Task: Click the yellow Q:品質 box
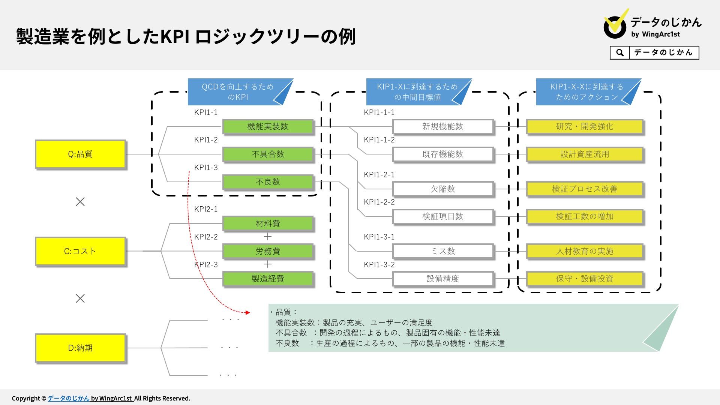coord(80,154)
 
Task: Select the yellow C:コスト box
coord(80,251)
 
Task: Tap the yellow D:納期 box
coord(80,348)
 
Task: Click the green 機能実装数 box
coord(268,126)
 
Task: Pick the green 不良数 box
coord(268,182)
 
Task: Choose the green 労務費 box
coord(268,251)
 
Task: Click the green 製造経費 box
coord(268,279)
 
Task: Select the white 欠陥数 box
coord(443,189)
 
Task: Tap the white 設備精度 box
coord(443,279)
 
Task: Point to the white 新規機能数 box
coord(443,126)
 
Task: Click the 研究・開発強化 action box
coord(585,126)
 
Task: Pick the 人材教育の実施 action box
coord(585,251)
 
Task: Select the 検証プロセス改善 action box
coord(585,189)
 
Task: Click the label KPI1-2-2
coord(379,202)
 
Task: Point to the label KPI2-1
coord(206,209)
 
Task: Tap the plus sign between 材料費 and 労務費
coord(268,237)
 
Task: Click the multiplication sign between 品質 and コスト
coord(80,202)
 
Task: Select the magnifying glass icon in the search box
coord(620,52)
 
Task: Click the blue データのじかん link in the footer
coord(69,398)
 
